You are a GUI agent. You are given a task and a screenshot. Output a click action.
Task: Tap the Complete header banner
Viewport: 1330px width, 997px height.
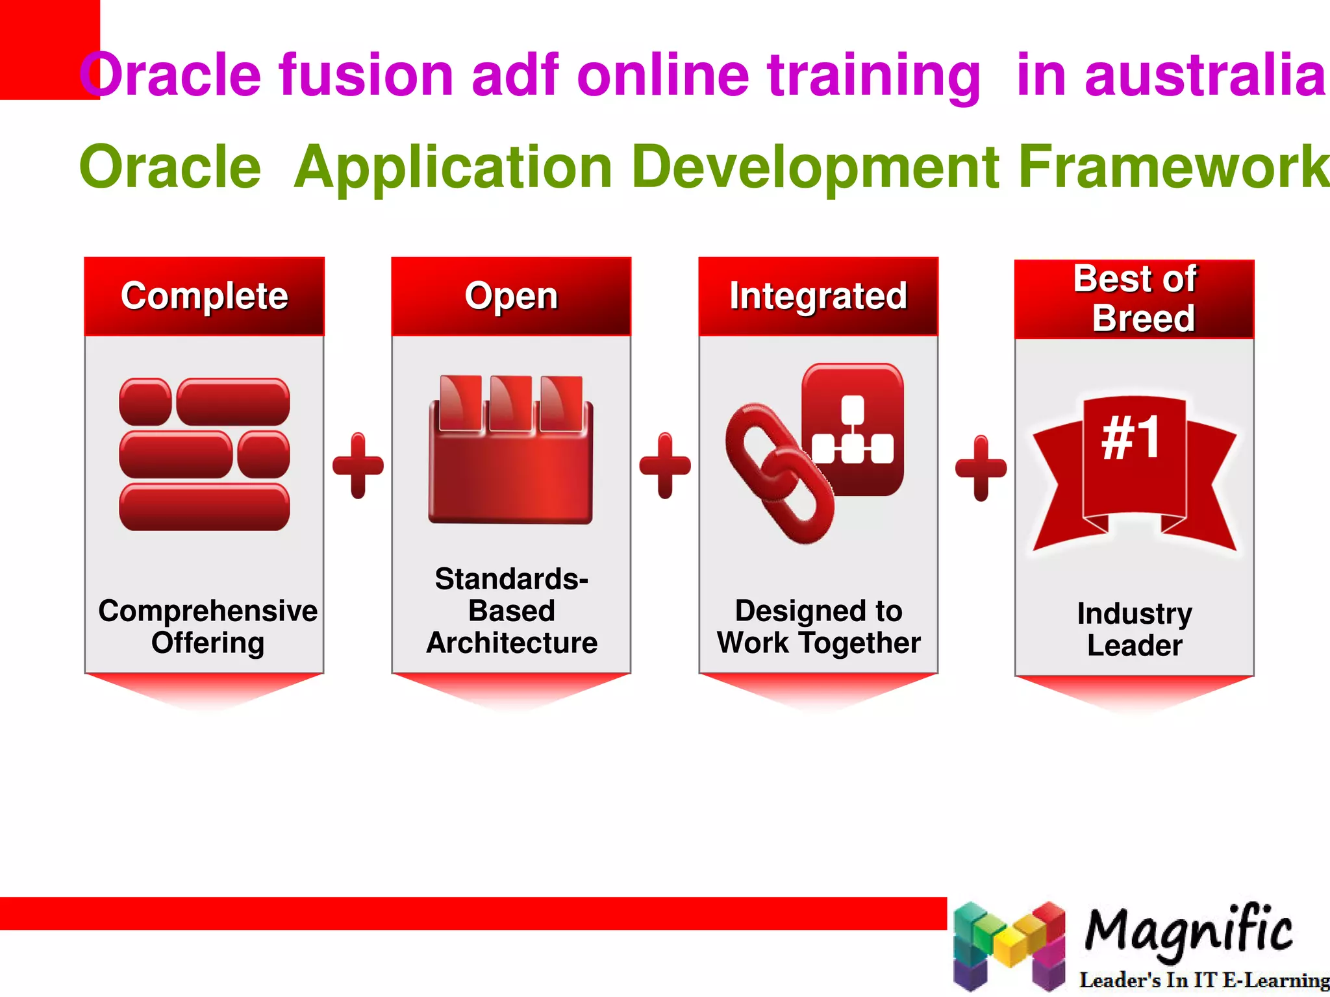(204, 296)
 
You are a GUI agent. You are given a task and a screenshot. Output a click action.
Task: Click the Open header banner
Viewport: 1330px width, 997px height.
(511, 296)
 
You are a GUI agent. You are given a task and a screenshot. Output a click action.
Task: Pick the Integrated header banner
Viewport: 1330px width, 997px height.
(818, 296)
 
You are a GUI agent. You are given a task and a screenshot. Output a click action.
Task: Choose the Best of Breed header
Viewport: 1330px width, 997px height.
(1135, 299)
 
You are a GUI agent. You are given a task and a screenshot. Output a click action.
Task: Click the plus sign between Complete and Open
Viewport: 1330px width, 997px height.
(358, 465)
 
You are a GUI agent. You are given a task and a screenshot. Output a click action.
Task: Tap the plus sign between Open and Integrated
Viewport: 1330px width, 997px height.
(665, 465)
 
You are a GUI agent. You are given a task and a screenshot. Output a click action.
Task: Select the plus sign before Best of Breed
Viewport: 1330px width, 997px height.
(981, 468)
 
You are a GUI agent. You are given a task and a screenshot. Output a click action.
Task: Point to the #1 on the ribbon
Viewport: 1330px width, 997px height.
(1131, 439)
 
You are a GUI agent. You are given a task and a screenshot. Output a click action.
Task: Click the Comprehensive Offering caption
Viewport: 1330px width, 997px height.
(208, 626)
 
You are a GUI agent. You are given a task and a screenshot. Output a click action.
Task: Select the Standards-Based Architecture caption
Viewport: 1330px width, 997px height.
(512, 610)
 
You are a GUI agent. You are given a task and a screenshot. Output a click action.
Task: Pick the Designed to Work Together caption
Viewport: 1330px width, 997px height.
(818, 626)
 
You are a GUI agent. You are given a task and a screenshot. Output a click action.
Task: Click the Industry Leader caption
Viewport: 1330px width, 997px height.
(1135, 629)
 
